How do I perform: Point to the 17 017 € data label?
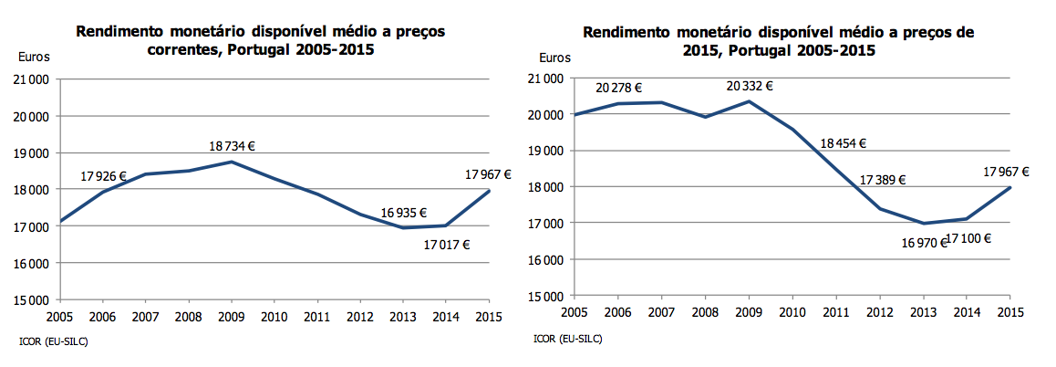pyautogui.click(x=447, y=244)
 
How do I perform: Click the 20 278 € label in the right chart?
pyautogui.click(x=619, y=89)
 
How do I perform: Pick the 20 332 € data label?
pyautogui.click(x=750, y=85)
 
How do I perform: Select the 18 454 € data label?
pyautogui.click(x=843, y=143)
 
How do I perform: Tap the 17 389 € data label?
pyautogui.click(x=882, y=179)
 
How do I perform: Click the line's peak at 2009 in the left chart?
pyautogui.click(x=233, y=162)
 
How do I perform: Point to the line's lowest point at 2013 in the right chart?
pyautogui.click(x=924, y=223)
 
